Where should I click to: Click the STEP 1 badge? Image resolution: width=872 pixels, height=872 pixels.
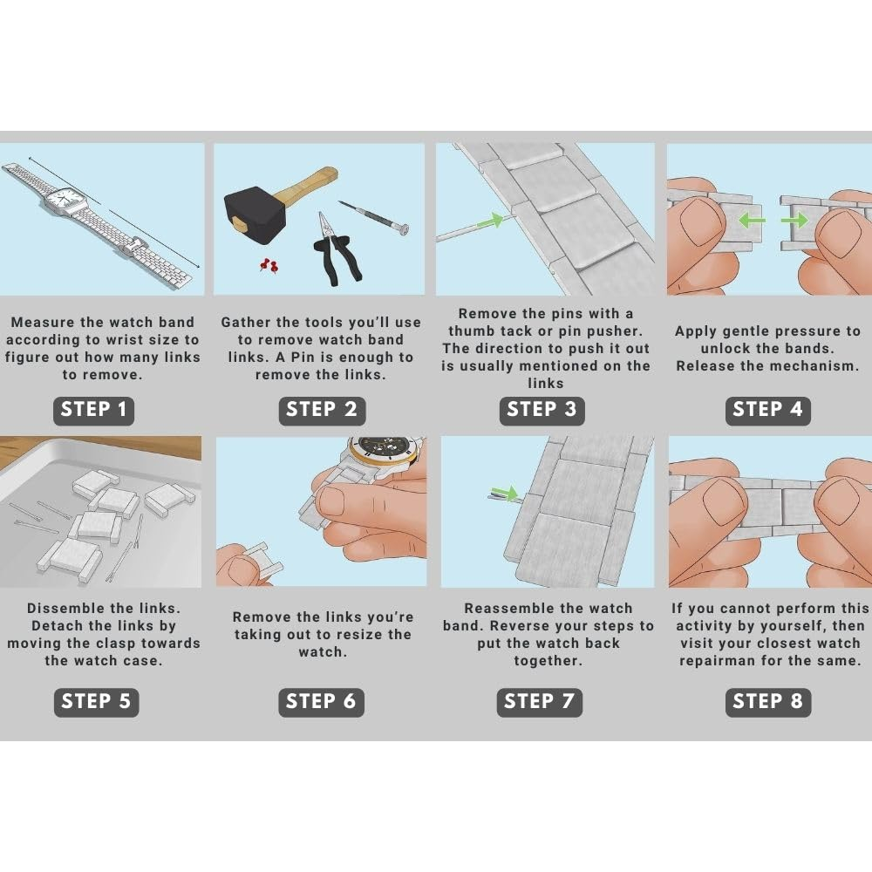(93, 411)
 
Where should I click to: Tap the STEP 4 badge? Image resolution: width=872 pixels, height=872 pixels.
(767, 411)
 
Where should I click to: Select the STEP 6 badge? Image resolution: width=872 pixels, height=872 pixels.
(321, 702)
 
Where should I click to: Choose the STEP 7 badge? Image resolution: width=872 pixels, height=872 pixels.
(539, 702)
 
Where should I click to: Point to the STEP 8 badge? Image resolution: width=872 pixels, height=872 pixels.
(767, 702)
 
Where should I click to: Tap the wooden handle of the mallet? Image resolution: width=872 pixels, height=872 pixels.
(308, 184)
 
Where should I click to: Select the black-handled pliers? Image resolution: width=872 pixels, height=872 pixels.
(336, 250)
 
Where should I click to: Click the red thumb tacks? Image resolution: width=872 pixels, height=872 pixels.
(269, 266)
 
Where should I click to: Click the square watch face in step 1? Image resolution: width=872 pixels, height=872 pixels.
(65, 199)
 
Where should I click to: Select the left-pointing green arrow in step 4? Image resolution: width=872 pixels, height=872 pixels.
(752, 221)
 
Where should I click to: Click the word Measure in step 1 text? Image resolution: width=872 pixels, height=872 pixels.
(42, 323)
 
